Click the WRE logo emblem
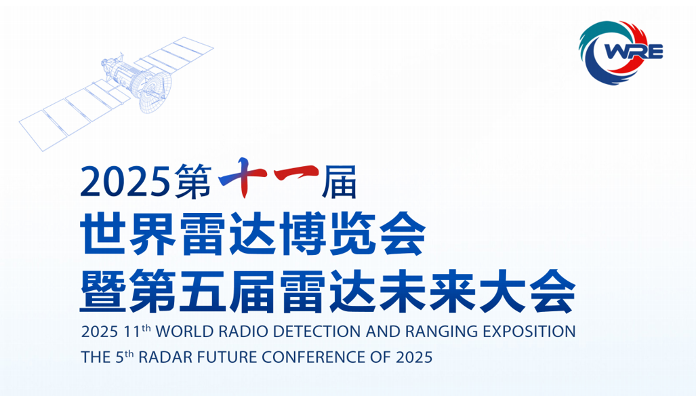(x=621, y=52)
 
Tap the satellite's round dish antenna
(x=156, y=91)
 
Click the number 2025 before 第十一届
(x=125, y=181)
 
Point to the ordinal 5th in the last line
(x=125, y=357)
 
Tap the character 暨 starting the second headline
(x=103, y=290)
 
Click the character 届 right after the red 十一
(x=340, y=182)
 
